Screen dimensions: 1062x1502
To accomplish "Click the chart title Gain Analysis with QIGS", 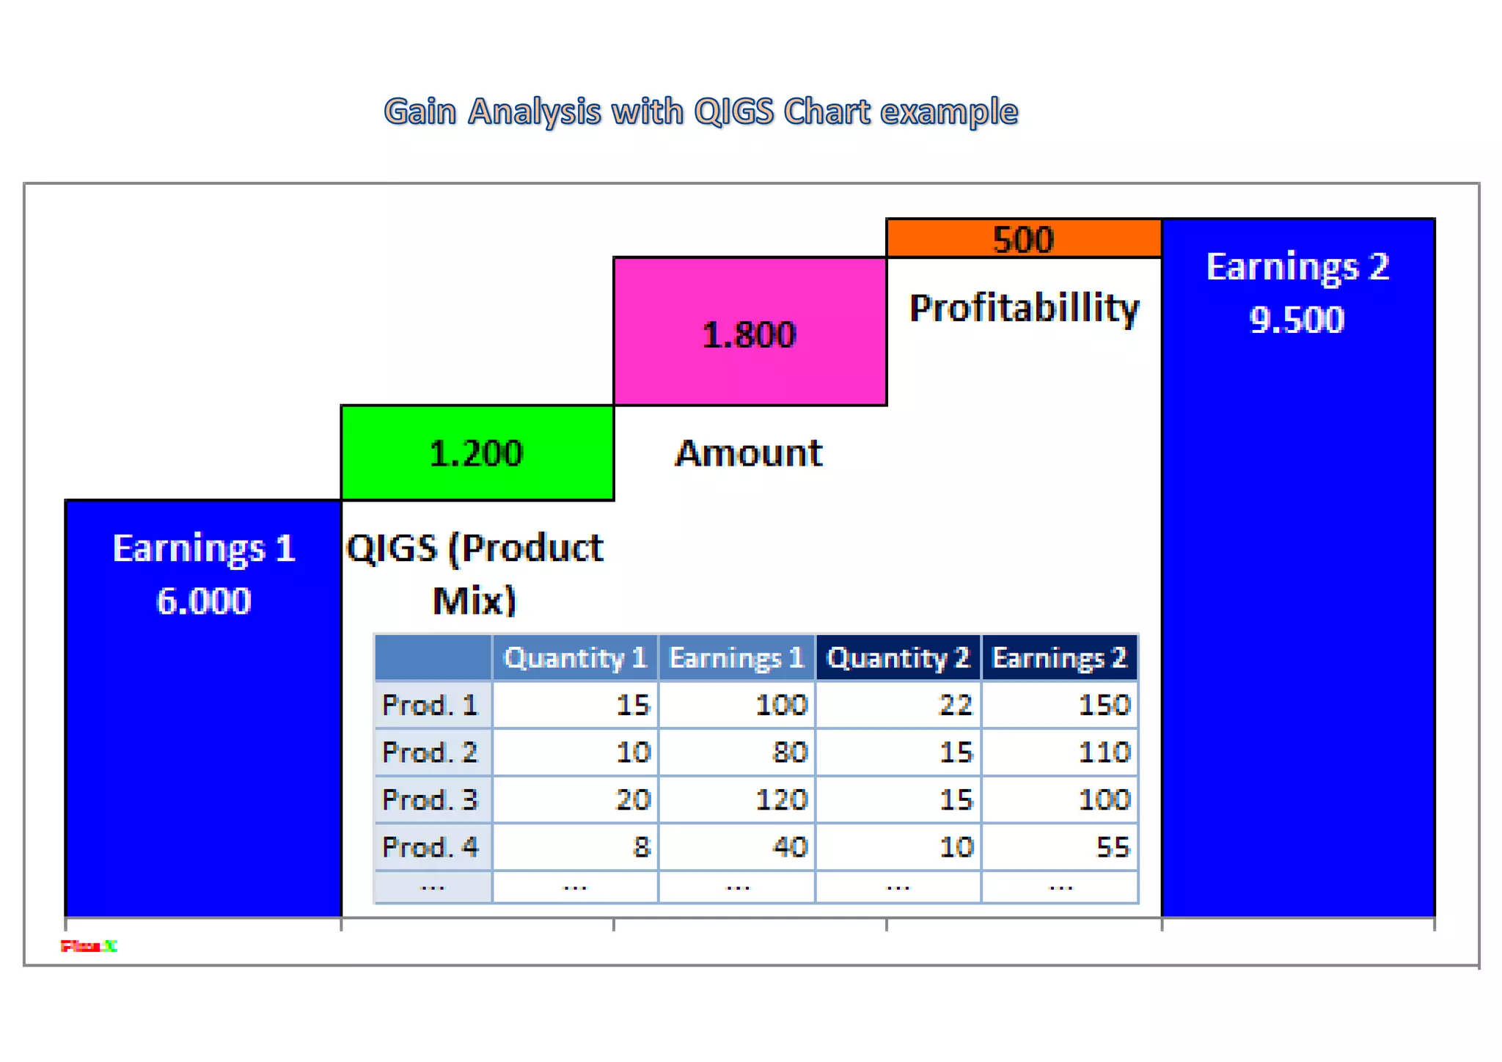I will pos(700,112).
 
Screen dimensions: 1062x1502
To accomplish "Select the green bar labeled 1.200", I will pos(477,453).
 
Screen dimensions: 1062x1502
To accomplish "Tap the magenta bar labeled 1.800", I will pos(750,334).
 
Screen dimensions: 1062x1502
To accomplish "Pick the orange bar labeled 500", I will pos(1023,239).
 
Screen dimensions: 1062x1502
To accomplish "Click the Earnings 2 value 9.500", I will pos(1297,320).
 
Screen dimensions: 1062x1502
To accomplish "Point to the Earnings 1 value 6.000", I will pos(204,601).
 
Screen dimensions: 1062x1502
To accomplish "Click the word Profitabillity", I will pos(1024,308).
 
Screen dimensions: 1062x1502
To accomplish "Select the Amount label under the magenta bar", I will pos(749,453).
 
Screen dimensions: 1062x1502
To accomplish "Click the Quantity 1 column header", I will pos(575,658).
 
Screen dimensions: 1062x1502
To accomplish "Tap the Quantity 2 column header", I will pos(898,658).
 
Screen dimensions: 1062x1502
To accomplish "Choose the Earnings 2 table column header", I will pos(1059,658).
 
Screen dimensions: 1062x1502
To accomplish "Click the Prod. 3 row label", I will pos(431,799).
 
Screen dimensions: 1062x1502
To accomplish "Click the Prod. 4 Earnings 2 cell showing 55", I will pos(1112,847).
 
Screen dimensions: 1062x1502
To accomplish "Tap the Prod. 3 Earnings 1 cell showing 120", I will pos(781,799).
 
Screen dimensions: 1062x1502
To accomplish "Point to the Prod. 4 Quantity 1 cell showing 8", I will pos(641,847).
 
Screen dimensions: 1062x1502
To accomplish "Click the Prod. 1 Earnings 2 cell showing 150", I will pos(1104,705).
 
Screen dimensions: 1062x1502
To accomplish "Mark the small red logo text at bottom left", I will pos(89,946).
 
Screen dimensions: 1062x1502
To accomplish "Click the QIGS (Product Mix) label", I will pos(475,574).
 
